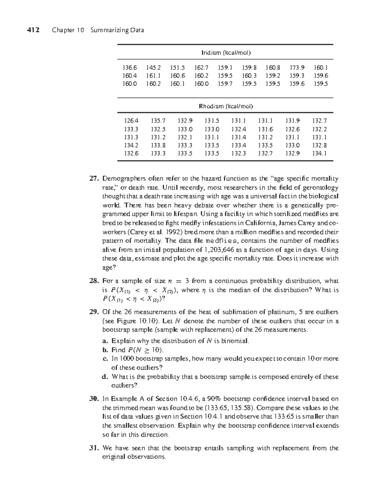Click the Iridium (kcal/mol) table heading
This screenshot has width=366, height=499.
tap(226, 52)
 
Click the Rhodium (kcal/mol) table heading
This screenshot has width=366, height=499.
tap(226, 106)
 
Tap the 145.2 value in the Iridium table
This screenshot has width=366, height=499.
tap(153, 67)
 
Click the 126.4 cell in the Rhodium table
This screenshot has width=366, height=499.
tap(131, 121)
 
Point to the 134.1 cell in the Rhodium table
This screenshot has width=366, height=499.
tap(319, 153)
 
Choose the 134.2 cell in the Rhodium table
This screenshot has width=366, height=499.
tap(131, 145)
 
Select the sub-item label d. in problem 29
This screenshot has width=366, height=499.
tap(105, 377)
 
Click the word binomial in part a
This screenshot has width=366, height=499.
tap(235, 341)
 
